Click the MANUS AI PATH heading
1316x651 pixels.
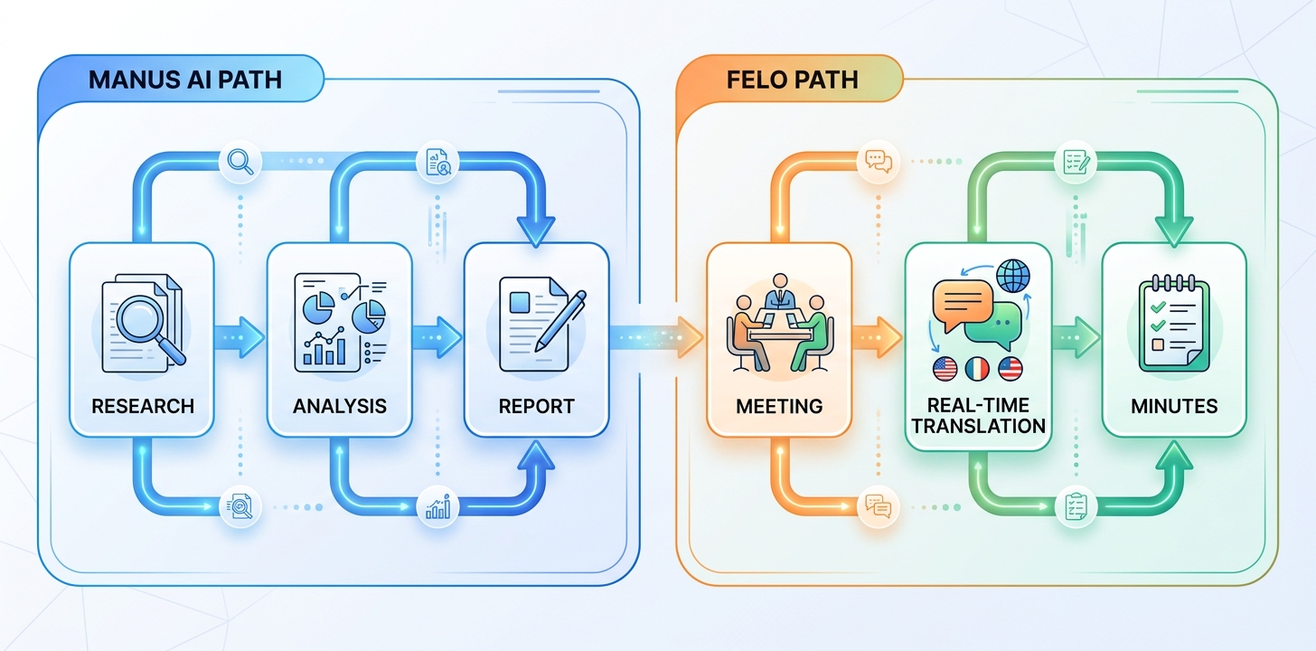[x=185, y=80]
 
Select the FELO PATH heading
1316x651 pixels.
[x=792, y=80]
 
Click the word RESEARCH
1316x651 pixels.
[x=143, y=406]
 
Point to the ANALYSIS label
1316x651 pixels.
[x=340, y=406]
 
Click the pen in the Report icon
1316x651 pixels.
[x=559, y=321]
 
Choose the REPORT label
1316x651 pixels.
[x=536, y=406]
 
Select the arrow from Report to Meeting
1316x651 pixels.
[x=656, y=337]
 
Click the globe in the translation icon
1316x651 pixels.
[x=1013, y=276]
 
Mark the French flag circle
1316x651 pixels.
[x=978, y=369]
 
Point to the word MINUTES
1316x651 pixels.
[x=1174, y=406]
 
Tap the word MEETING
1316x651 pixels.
[x=779, y=406]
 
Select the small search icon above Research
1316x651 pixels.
[x=240, y=161]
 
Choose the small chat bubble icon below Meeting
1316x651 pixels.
[x=879, y=505]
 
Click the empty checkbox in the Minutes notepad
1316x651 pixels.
[x=1157, y=344]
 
